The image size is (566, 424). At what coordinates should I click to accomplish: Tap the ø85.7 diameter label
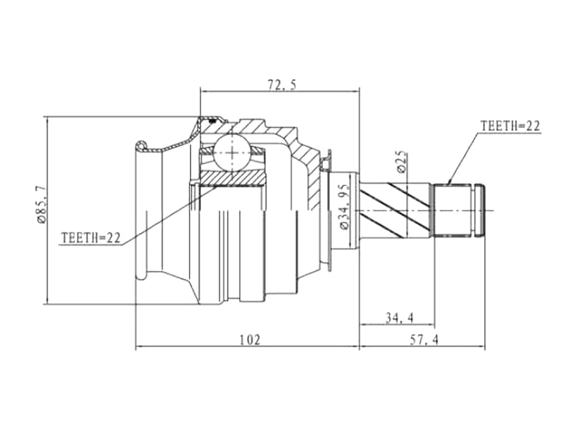click(x=41, y=205)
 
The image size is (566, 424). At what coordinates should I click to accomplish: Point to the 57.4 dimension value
click(x=424, y=340)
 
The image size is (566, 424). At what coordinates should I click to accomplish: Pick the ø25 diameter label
click(x=401, y=163)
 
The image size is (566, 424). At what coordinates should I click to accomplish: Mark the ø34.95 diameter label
click(x=345, y=206)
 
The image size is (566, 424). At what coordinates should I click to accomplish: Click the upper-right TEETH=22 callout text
click(x=509, y=126)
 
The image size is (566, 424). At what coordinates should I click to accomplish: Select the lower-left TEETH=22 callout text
click(x=91, y=237)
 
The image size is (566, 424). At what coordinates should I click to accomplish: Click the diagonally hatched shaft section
click(x=396, y=210)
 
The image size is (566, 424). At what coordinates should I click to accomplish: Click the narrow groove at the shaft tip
click(x=481, y=210)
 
